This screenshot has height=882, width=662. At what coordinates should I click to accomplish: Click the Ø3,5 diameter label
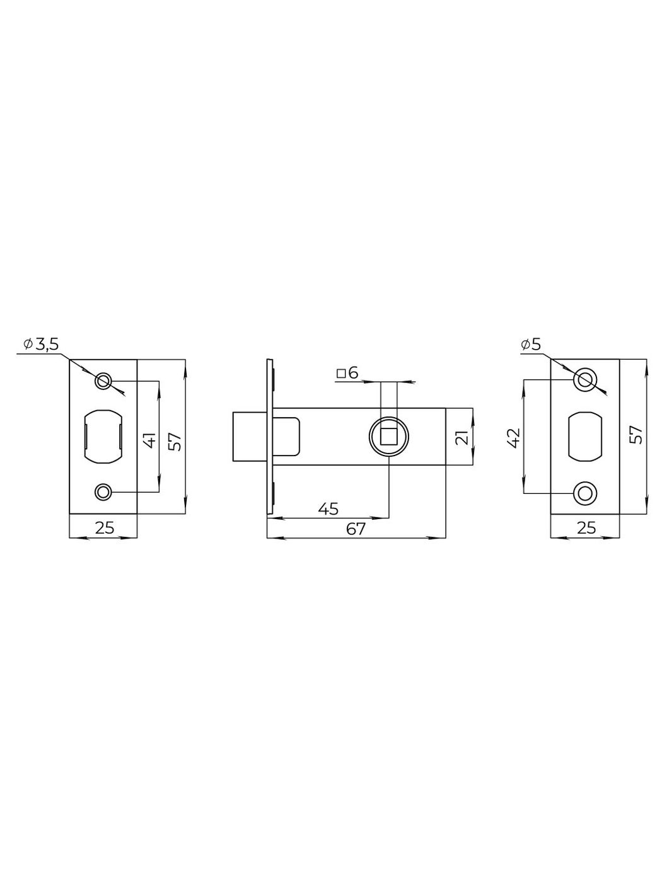tap(41, 345)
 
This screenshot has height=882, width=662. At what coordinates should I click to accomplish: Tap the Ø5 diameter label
tap(531, 345)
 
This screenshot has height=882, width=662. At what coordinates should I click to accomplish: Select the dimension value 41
tap(150, 440)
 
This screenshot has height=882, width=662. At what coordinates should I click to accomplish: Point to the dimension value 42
tap(515, 438)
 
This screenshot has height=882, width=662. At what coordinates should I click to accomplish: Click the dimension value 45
tap(328, 508)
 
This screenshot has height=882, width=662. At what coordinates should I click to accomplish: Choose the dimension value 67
tap(356, 529)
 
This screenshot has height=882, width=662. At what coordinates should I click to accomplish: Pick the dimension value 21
tap(463, 438)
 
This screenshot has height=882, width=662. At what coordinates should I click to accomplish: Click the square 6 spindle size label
tap(347, 374)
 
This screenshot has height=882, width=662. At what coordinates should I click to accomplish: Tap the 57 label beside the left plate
tap(175, 440)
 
